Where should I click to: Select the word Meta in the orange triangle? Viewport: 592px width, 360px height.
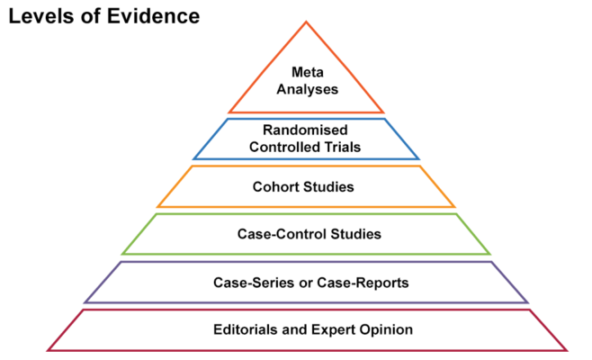click(307, 72)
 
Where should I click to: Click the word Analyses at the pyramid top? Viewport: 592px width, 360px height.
click(307, 89)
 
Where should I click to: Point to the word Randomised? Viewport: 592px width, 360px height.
click(307, 130)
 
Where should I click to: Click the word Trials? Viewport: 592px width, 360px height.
click(347, 148)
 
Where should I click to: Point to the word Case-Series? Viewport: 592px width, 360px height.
click(247, 283)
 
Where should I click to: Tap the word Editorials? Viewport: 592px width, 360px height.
click(245, 329)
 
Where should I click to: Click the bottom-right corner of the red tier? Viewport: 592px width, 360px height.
click(567, 349)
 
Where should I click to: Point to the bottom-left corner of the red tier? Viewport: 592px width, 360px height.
click(48, 349)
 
